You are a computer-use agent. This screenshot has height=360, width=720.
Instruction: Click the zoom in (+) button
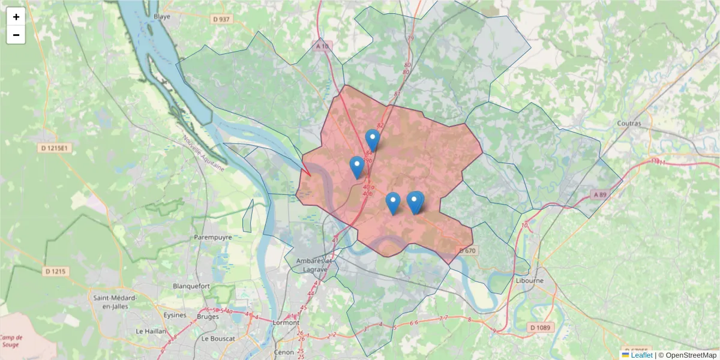(x=16, y=17)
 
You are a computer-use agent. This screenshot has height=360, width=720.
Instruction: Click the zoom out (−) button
(x=16, y=35)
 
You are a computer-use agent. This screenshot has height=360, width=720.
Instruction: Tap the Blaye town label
(x=162, y=17)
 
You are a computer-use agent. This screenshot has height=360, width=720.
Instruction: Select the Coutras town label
(x=629, y=124)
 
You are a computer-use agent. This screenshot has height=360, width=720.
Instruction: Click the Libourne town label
(x=529, y=280)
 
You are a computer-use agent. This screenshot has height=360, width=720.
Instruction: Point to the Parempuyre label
(x=212, y=238)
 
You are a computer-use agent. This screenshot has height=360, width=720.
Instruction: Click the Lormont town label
(x=286, y=322)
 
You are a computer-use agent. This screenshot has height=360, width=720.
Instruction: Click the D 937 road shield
(x=221, y=19)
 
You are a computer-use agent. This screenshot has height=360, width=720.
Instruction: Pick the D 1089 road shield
(x=541, y=328)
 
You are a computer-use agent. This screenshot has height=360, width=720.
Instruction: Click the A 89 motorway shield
(x=600, y=194)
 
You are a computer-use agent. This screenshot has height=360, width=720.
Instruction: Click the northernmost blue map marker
(x=373, y=140)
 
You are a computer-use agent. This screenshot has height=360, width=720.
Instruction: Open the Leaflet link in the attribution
(x=641, y=355)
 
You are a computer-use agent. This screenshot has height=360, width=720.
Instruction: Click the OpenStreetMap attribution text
(x=691, y=355)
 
